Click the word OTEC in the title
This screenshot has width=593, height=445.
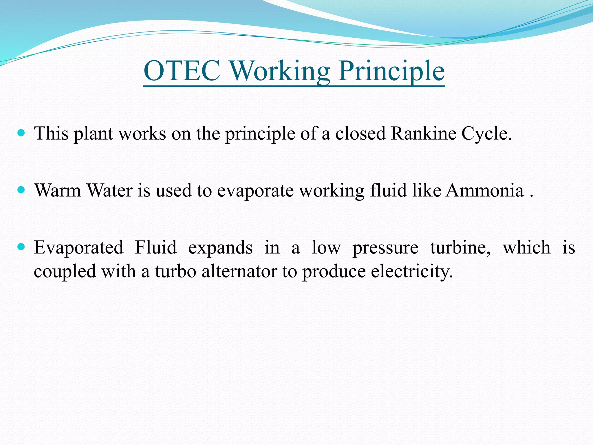coord(182,71)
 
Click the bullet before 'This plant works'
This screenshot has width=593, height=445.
coord(21,133)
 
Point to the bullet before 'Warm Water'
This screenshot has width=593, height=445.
coord(21,190)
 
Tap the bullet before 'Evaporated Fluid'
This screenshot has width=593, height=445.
coord(21,247)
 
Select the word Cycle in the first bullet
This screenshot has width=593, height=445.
coord(486,134)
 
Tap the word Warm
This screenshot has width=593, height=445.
coord(58,191)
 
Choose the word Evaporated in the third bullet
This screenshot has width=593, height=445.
coord(78,248)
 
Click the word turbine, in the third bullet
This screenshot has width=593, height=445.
coord(460,248)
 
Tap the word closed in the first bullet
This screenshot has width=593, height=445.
coord(360,134)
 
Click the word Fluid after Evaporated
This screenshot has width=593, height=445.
coord(156,248)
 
